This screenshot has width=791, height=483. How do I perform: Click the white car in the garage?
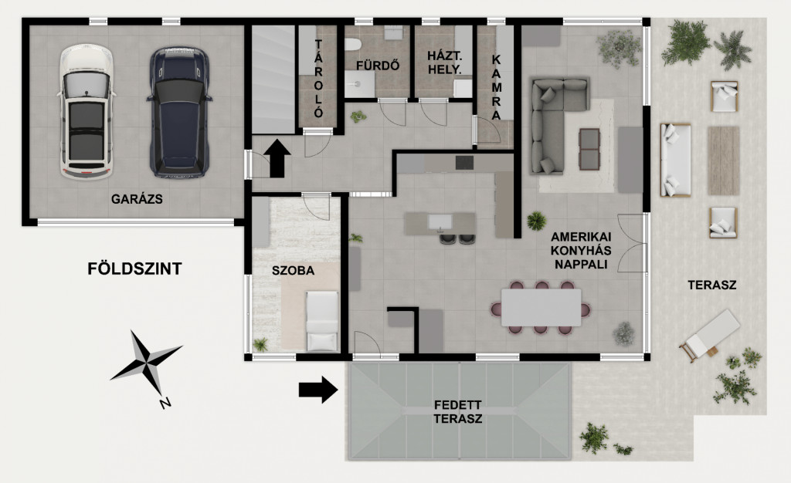click(86, 112)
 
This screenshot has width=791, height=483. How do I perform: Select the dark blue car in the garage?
click(179, 113)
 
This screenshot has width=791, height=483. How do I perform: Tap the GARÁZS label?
click(137, 199)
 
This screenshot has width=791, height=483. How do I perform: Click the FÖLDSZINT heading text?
click(134, 269)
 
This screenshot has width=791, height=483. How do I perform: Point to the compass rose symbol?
click(146, 363)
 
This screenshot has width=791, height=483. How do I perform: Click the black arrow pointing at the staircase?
click(277, 158)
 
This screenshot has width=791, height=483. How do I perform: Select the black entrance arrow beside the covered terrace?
click(317, 390)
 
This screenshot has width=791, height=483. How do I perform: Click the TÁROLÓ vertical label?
click(318, 79)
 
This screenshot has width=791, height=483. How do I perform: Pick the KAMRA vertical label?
click(497, 87)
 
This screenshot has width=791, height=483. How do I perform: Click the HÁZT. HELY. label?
click(444, 62)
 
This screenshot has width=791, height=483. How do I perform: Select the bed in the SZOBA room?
click(322, 321)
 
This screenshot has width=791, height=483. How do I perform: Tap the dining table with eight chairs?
click(541, 307)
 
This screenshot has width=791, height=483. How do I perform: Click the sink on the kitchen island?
click(440, 221)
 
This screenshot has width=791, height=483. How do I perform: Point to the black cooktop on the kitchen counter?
click(464, 163)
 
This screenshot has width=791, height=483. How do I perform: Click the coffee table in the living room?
click(589, 149)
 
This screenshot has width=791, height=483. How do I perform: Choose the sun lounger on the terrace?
click(709, 335)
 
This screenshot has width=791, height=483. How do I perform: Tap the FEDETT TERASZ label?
click(457, 412)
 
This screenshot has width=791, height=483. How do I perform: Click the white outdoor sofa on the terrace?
click(676, 160)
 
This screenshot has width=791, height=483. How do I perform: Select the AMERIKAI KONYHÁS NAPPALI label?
click(581, 250)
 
